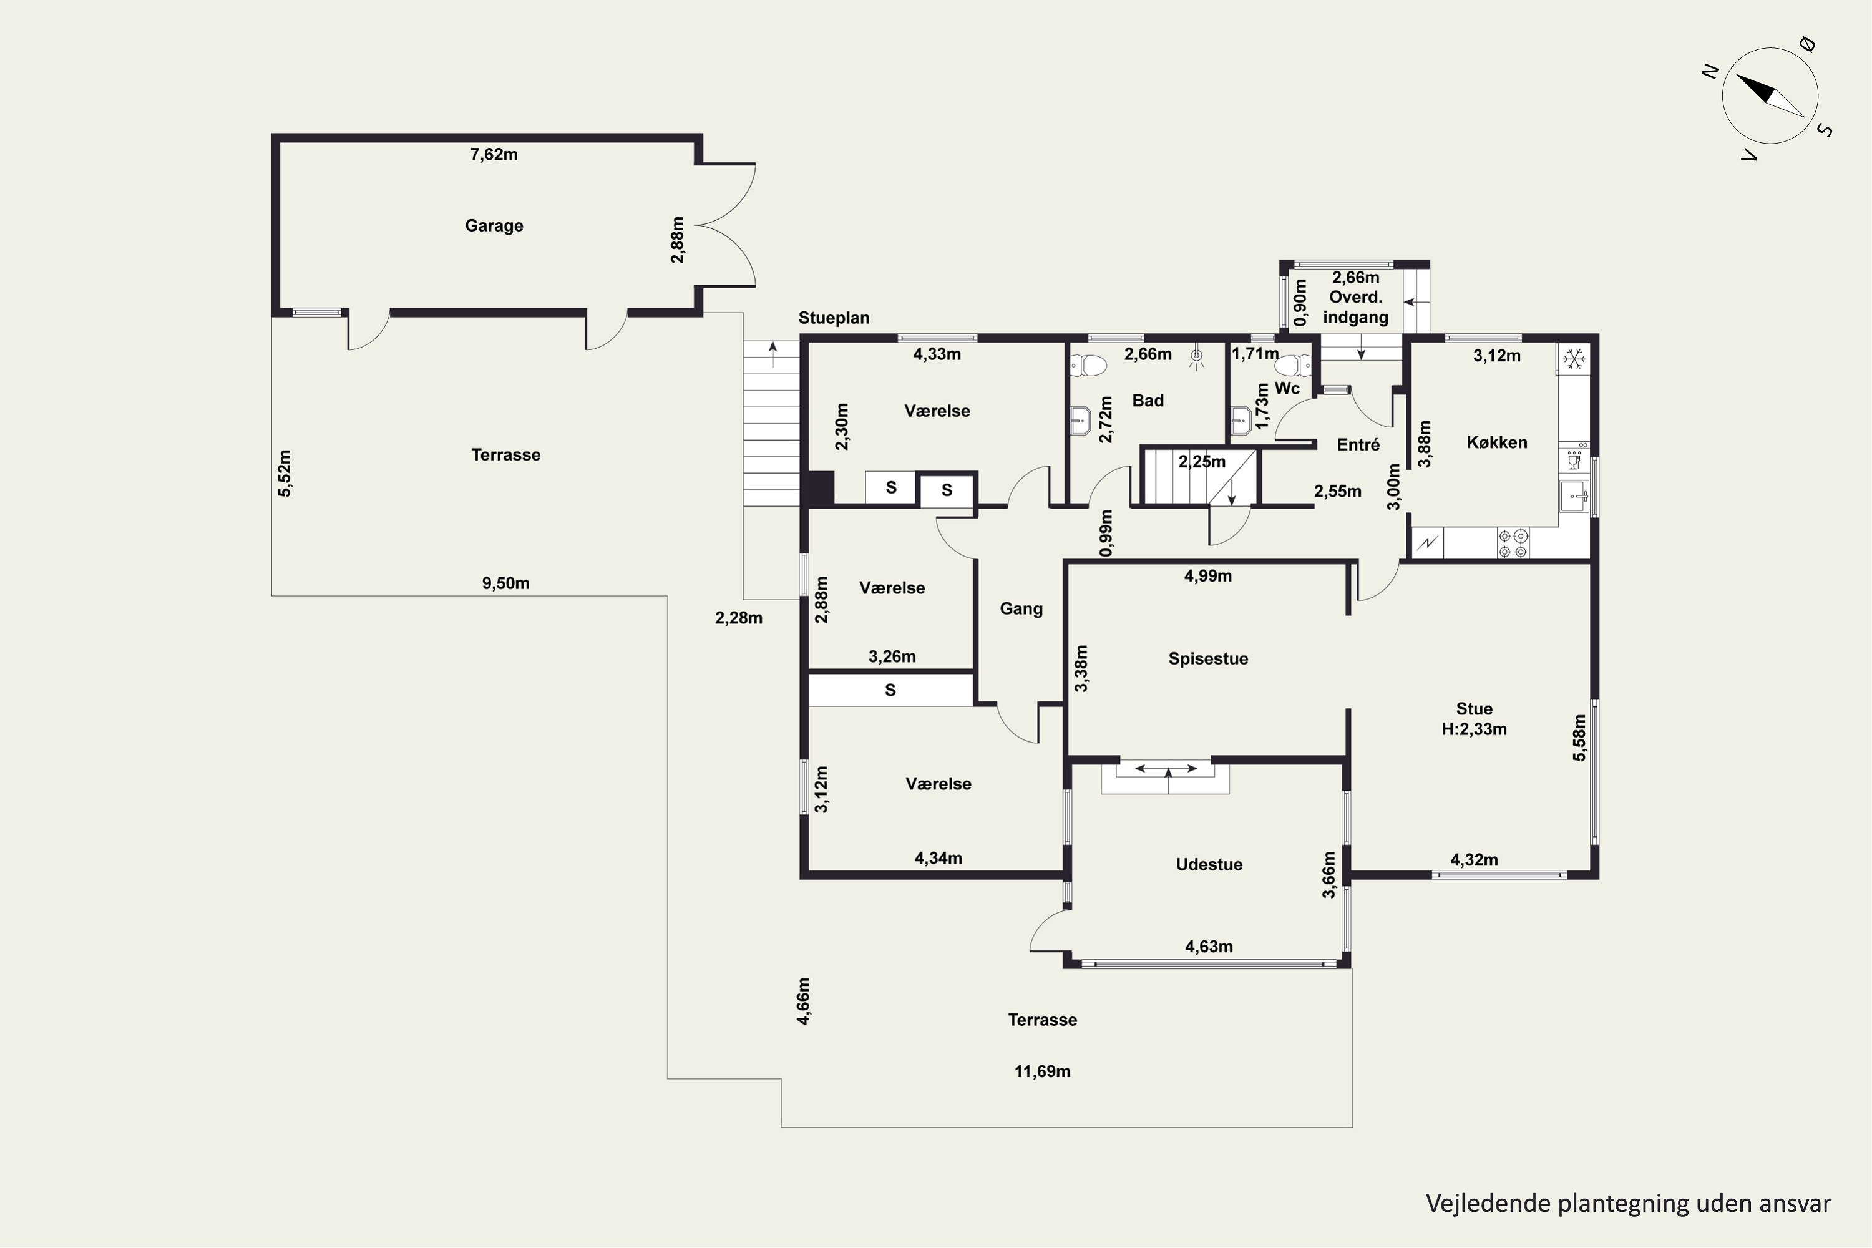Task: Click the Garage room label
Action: [494, 226]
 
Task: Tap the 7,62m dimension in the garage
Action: [494, 154]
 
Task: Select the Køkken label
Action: [1496, 442]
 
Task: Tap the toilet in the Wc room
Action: [1294, 365]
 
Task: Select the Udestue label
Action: [1209, 864]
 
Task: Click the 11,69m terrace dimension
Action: [1042, 1071]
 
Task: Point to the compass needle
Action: [1770, 96]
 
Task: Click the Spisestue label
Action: [1207, 659]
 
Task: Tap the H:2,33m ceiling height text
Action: [1474, 729]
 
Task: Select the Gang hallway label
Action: [1021, 609]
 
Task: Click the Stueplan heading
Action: [833, 318]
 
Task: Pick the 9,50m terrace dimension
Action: [505, 583]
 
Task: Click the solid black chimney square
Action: [821, 488]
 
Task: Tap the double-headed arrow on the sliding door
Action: [1166, 768]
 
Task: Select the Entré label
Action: [1358, 445]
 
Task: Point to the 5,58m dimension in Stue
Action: [1579, 737]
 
